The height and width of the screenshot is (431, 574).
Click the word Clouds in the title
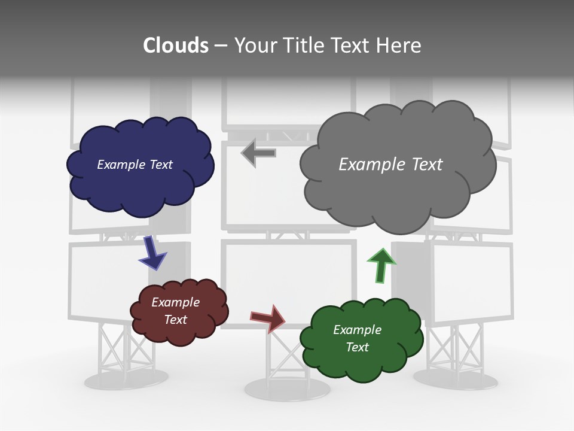176,45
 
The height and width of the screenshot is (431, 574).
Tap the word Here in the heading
398,45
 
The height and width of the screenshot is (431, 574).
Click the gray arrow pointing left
258,153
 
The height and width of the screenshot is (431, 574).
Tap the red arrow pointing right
268,318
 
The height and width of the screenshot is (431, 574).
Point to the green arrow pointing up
381,265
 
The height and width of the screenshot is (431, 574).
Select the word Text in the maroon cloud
176,320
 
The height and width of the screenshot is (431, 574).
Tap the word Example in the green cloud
357,330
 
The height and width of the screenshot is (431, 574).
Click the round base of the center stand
287,389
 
